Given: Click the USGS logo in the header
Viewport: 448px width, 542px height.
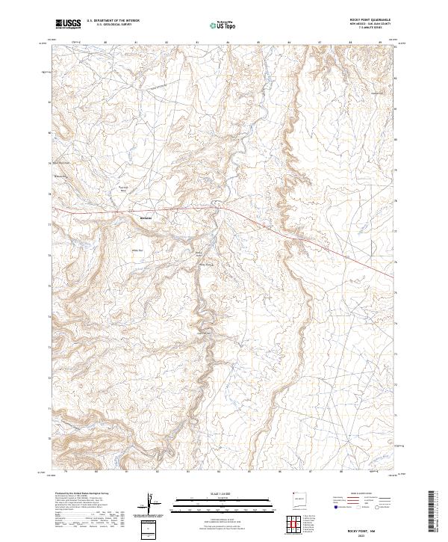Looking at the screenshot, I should pos(68,24).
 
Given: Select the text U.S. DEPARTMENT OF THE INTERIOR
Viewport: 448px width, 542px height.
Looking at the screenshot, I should pos(113,22).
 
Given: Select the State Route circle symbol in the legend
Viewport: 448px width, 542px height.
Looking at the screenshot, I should pos(365,515).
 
